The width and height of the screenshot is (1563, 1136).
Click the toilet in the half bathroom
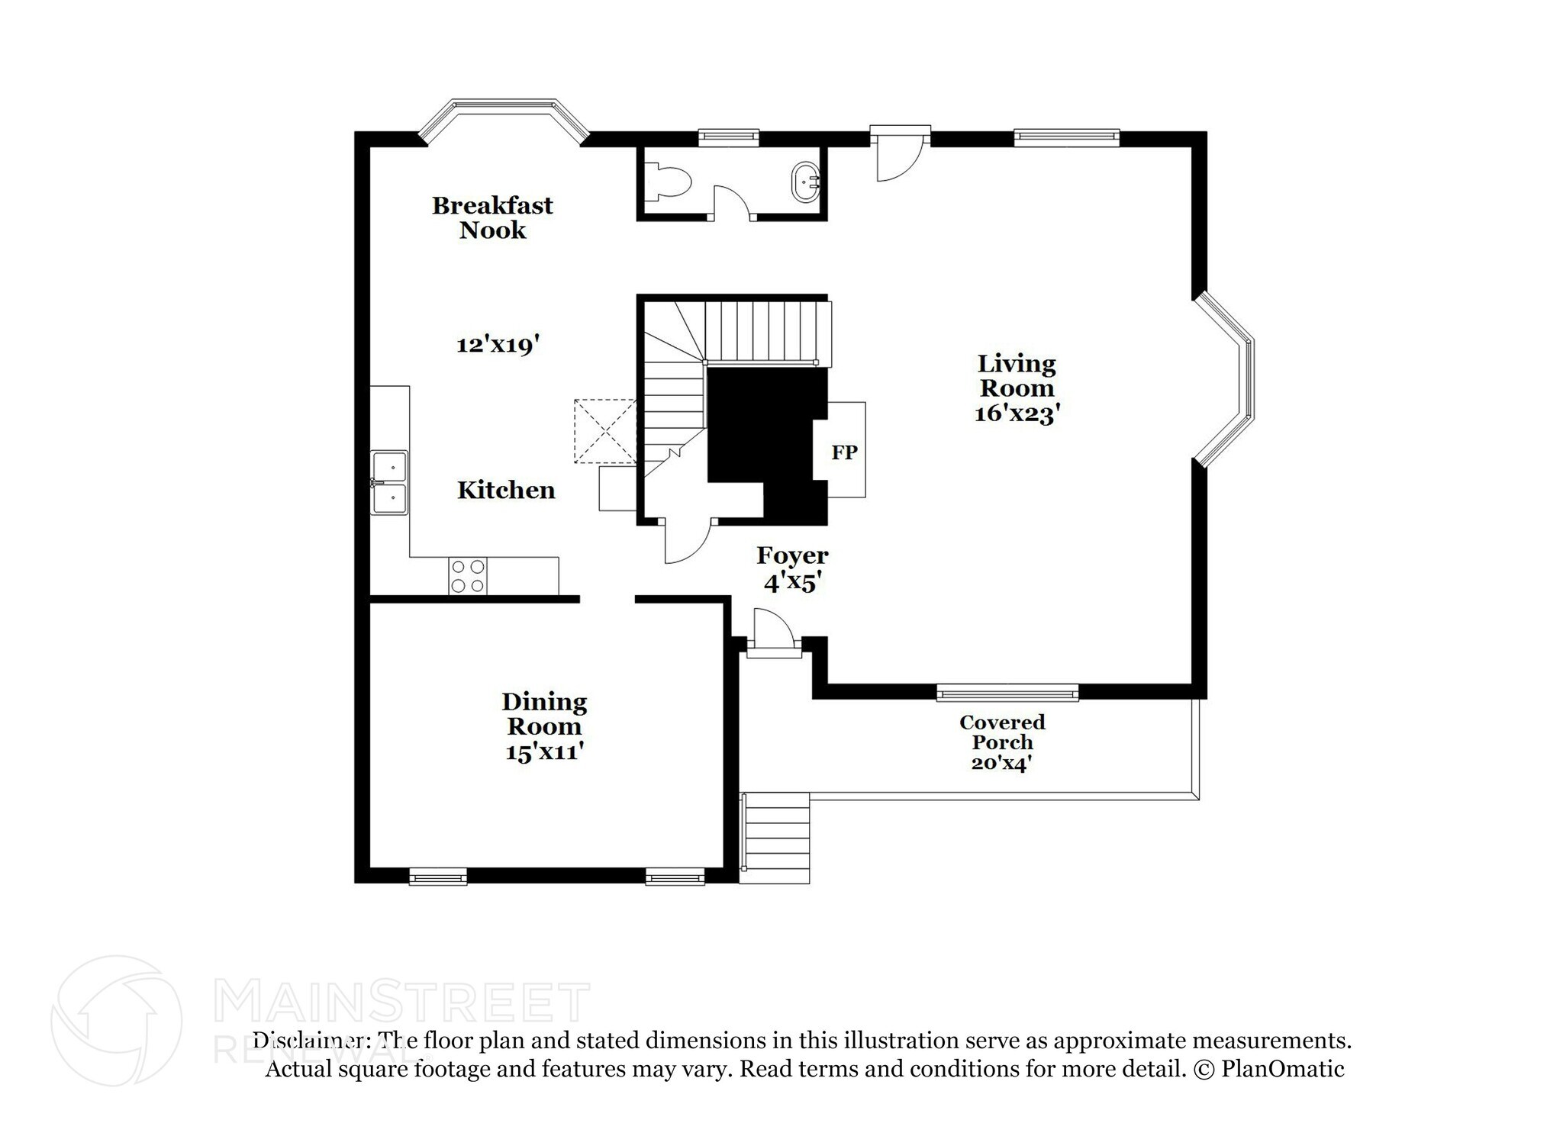coord(670,183)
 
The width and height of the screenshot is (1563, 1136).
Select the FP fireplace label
coord(844,452)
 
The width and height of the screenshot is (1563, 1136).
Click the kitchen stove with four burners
coord(467,576)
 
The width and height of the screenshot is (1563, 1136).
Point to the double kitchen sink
coord(389,482)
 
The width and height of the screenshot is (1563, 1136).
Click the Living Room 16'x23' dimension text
coord(1017,414)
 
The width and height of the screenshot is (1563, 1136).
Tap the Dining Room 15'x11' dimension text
coord(544,751)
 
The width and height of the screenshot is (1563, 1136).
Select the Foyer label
coord(792,555)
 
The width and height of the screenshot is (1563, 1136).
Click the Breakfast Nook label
coord(492,217)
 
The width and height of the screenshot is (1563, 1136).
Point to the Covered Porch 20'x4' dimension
coord(1001,762)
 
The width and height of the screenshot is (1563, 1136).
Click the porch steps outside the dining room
coord(775,837)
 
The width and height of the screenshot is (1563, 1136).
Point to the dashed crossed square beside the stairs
coord(604,431)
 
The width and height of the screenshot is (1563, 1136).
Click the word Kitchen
coord(506,490)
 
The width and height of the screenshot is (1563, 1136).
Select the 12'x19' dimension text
coord(498,345)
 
